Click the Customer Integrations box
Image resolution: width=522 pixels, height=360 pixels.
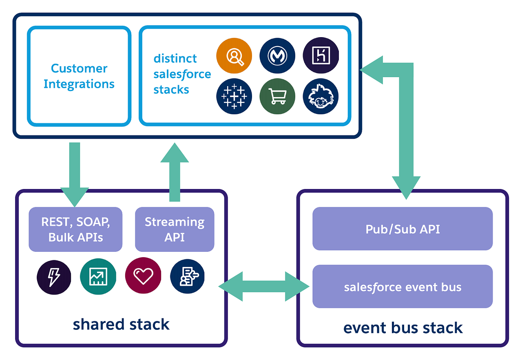79,76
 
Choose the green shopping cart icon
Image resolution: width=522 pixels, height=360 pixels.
277,96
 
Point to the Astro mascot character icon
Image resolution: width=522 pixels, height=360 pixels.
321,96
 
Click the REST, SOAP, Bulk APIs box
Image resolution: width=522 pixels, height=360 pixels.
75,229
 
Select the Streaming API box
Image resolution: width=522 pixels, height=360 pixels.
175,229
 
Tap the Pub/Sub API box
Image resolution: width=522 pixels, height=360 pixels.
403,229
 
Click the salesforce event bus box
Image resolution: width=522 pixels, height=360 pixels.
403,287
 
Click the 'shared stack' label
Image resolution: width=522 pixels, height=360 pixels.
121,324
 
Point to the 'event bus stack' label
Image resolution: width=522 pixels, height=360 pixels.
403,327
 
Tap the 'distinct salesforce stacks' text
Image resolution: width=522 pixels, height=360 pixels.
182,74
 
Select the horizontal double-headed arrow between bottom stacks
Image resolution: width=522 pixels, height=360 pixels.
264,287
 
